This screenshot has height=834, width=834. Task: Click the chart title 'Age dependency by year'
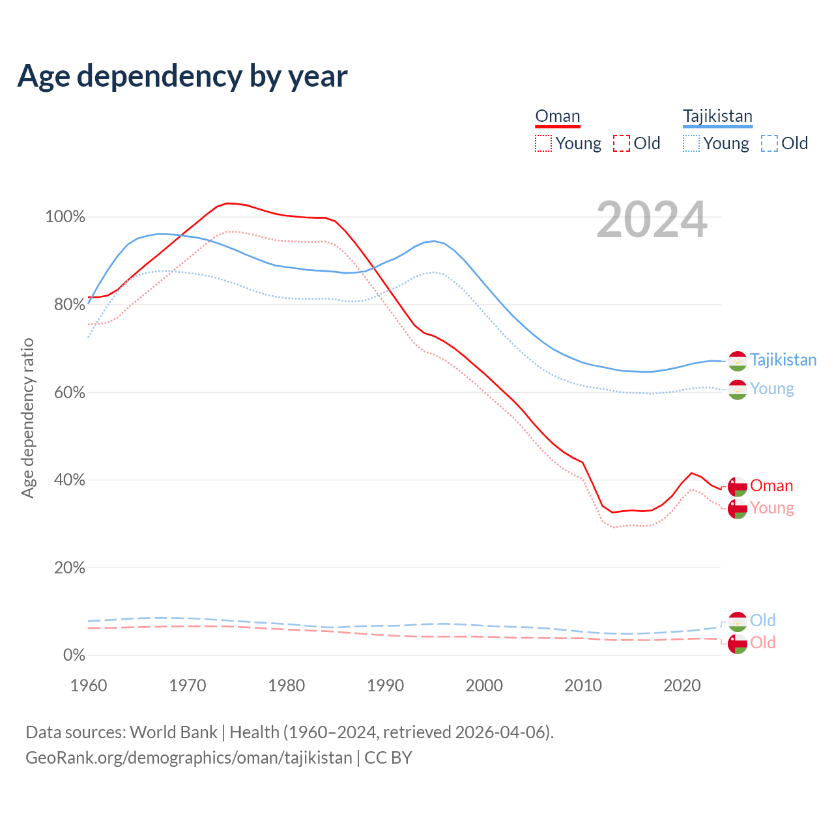[182, 76]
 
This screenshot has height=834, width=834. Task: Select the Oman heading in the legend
[557, 116]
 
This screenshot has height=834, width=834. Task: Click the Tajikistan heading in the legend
[717, 116]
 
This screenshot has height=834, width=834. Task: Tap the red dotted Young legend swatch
[543, 143]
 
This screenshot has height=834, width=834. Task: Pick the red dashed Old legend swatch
[622, 143]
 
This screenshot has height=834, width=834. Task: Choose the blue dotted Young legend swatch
[691, 143]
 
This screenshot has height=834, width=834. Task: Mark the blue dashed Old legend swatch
[769, 143]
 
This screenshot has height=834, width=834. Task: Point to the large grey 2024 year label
[652, 220]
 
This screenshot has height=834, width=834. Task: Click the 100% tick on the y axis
[65, 217]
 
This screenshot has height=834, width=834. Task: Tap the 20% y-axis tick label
[70, 568]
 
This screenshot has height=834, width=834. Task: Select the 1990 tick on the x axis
[386, 685]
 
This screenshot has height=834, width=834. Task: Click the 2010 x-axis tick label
[583, 685]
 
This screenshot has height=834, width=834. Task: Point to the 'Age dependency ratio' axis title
[27, 418]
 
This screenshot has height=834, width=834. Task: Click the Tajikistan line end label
[783, 360]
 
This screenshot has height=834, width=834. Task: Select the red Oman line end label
[771, 485]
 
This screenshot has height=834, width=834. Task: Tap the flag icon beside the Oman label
[738, 487]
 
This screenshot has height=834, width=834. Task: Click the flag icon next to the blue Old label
[738, 622]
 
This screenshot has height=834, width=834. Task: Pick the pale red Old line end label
[763, 642]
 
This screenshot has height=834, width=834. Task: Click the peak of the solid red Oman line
[227, 203]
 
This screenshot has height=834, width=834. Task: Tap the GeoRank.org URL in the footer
[189, 758]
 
